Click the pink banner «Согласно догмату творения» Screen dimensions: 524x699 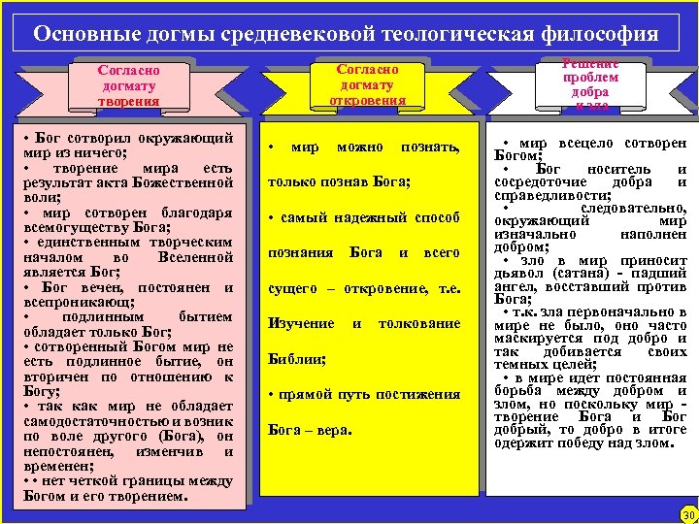[128, 85]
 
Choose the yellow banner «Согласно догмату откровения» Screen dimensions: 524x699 [367, 84]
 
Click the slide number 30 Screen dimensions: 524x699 [689, 514]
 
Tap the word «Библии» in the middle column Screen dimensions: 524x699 [294, 358]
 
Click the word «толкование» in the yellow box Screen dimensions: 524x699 [418, 322]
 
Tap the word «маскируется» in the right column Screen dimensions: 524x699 [538, 339]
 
